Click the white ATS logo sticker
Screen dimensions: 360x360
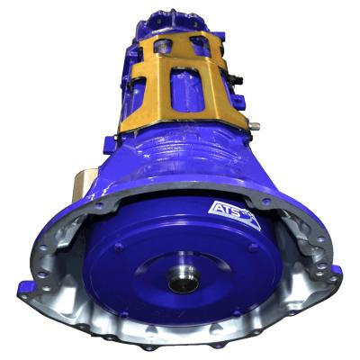pyautogui.click(x=226, y=213)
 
